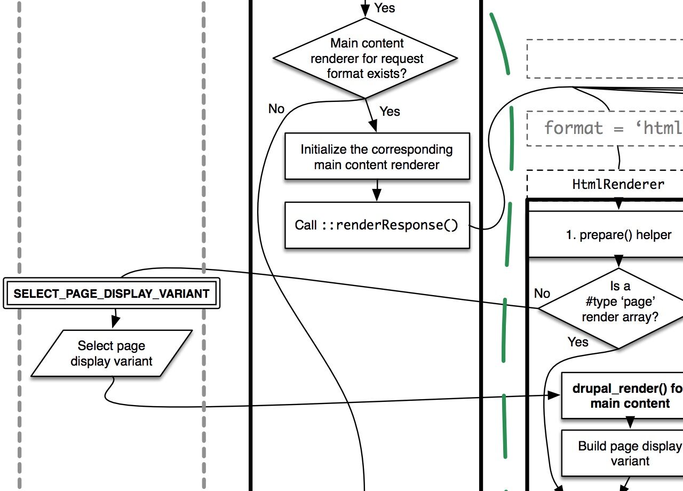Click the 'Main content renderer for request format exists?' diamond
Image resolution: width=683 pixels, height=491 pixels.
[366, 58]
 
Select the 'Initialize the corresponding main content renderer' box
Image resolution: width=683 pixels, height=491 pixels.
[377, 156]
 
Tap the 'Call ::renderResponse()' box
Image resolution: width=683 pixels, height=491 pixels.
[377, 225]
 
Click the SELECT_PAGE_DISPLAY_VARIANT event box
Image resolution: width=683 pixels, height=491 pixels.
[112, 293]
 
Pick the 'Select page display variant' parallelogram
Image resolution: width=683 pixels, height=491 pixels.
[112, 353]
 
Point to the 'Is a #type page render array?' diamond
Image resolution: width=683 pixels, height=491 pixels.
[619, 308]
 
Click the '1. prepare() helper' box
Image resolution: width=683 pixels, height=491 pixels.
[619, 235]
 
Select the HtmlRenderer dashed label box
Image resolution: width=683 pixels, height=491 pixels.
[619, 184]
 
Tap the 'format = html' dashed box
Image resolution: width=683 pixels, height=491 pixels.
[608, 128]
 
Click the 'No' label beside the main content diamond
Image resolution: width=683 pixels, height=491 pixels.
[276, 109]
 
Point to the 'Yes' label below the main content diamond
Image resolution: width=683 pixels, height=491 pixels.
[390, 111]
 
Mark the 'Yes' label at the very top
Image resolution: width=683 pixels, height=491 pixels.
[385, 7]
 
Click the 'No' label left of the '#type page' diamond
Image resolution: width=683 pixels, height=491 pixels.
[542, 293]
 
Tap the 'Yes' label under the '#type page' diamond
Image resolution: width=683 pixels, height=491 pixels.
[578, 342]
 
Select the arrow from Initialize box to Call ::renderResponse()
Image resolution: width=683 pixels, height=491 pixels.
[377, 191]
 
